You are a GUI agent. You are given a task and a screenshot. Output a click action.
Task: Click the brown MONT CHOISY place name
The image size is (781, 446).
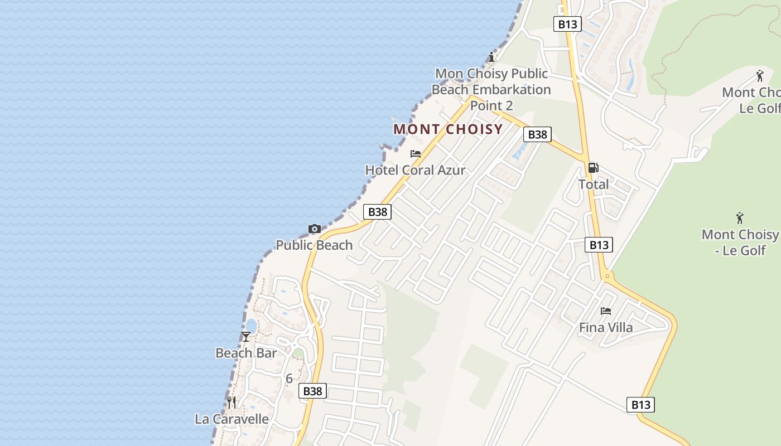click(448, 129)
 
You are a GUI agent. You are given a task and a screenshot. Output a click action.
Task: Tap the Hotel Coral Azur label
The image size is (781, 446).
click(415, 170)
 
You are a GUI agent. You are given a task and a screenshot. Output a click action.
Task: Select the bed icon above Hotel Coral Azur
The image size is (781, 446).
click(415, 154)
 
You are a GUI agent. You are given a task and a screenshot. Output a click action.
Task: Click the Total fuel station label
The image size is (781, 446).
click(594, 184)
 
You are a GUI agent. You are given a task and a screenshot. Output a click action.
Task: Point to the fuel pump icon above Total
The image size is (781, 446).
click(593, 168)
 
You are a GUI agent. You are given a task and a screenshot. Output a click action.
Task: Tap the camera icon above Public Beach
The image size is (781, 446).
click(315, 229)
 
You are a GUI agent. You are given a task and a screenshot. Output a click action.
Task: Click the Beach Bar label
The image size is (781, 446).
click(246, 353)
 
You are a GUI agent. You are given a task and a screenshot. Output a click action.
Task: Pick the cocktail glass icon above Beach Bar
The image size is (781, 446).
click(246, 337)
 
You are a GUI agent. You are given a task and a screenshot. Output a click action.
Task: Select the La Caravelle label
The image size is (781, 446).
click(232, 419)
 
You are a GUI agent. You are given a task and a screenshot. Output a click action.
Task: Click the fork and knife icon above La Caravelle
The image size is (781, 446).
click(232, 403)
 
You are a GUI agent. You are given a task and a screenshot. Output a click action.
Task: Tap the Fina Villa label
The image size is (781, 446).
click(606, 327)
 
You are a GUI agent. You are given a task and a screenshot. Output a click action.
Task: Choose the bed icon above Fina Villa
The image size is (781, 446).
click(606, 311)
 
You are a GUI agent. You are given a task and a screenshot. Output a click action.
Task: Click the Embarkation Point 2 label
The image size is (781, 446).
click(491, 89)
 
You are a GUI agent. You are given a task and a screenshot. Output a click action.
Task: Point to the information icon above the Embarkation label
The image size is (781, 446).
click(491, 57)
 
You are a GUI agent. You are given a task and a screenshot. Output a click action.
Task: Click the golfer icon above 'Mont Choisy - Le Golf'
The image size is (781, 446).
click(740, 218)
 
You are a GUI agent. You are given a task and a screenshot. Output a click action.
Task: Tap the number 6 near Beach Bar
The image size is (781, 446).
click(289, 379)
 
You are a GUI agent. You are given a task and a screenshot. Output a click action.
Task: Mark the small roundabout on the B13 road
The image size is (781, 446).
click(607, 276)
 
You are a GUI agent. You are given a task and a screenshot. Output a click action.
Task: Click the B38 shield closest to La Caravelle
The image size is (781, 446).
click(312, 391)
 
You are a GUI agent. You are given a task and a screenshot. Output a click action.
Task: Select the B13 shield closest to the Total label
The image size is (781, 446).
click(599, 245)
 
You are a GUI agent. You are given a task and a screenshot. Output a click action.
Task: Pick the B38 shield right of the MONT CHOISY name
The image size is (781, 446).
click(537, 134)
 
